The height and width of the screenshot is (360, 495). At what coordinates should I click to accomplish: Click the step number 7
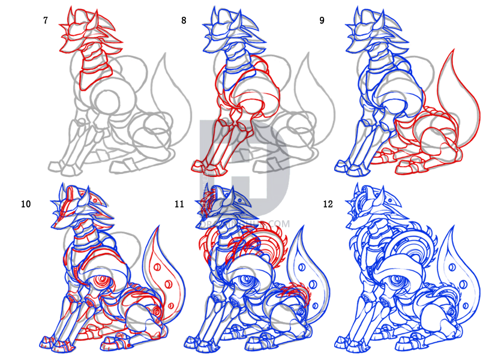point(46,20)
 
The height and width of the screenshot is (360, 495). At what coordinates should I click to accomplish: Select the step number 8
point(184,20)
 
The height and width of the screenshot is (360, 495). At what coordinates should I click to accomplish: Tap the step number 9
point(322,20)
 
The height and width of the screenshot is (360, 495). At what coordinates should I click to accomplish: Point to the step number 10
point(26,204)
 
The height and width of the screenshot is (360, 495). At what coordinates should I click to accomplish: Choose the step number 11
point(179,204)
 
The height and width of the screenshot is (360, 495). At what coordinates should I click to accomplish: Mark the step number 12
point(328,204)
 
